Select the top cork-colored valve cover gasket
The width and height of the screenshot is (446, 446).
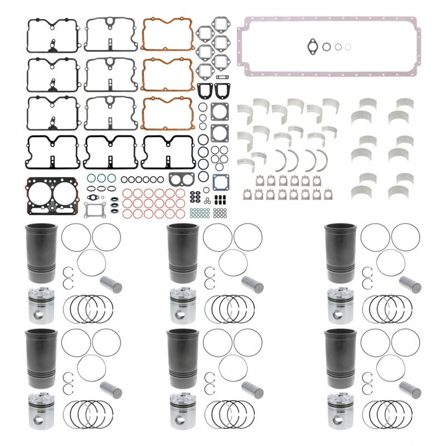pos(167,35)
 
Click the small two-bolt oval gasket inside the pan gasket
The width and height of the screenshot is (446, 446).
pos(311,47)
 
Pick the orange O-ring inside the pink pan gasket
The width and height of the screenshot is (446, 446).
pos(348,47)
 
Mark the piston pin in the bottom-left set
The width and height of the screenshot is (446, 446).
pos(110,389)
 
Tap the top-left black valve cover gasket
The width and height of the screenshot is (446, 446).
pos(53,35)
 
